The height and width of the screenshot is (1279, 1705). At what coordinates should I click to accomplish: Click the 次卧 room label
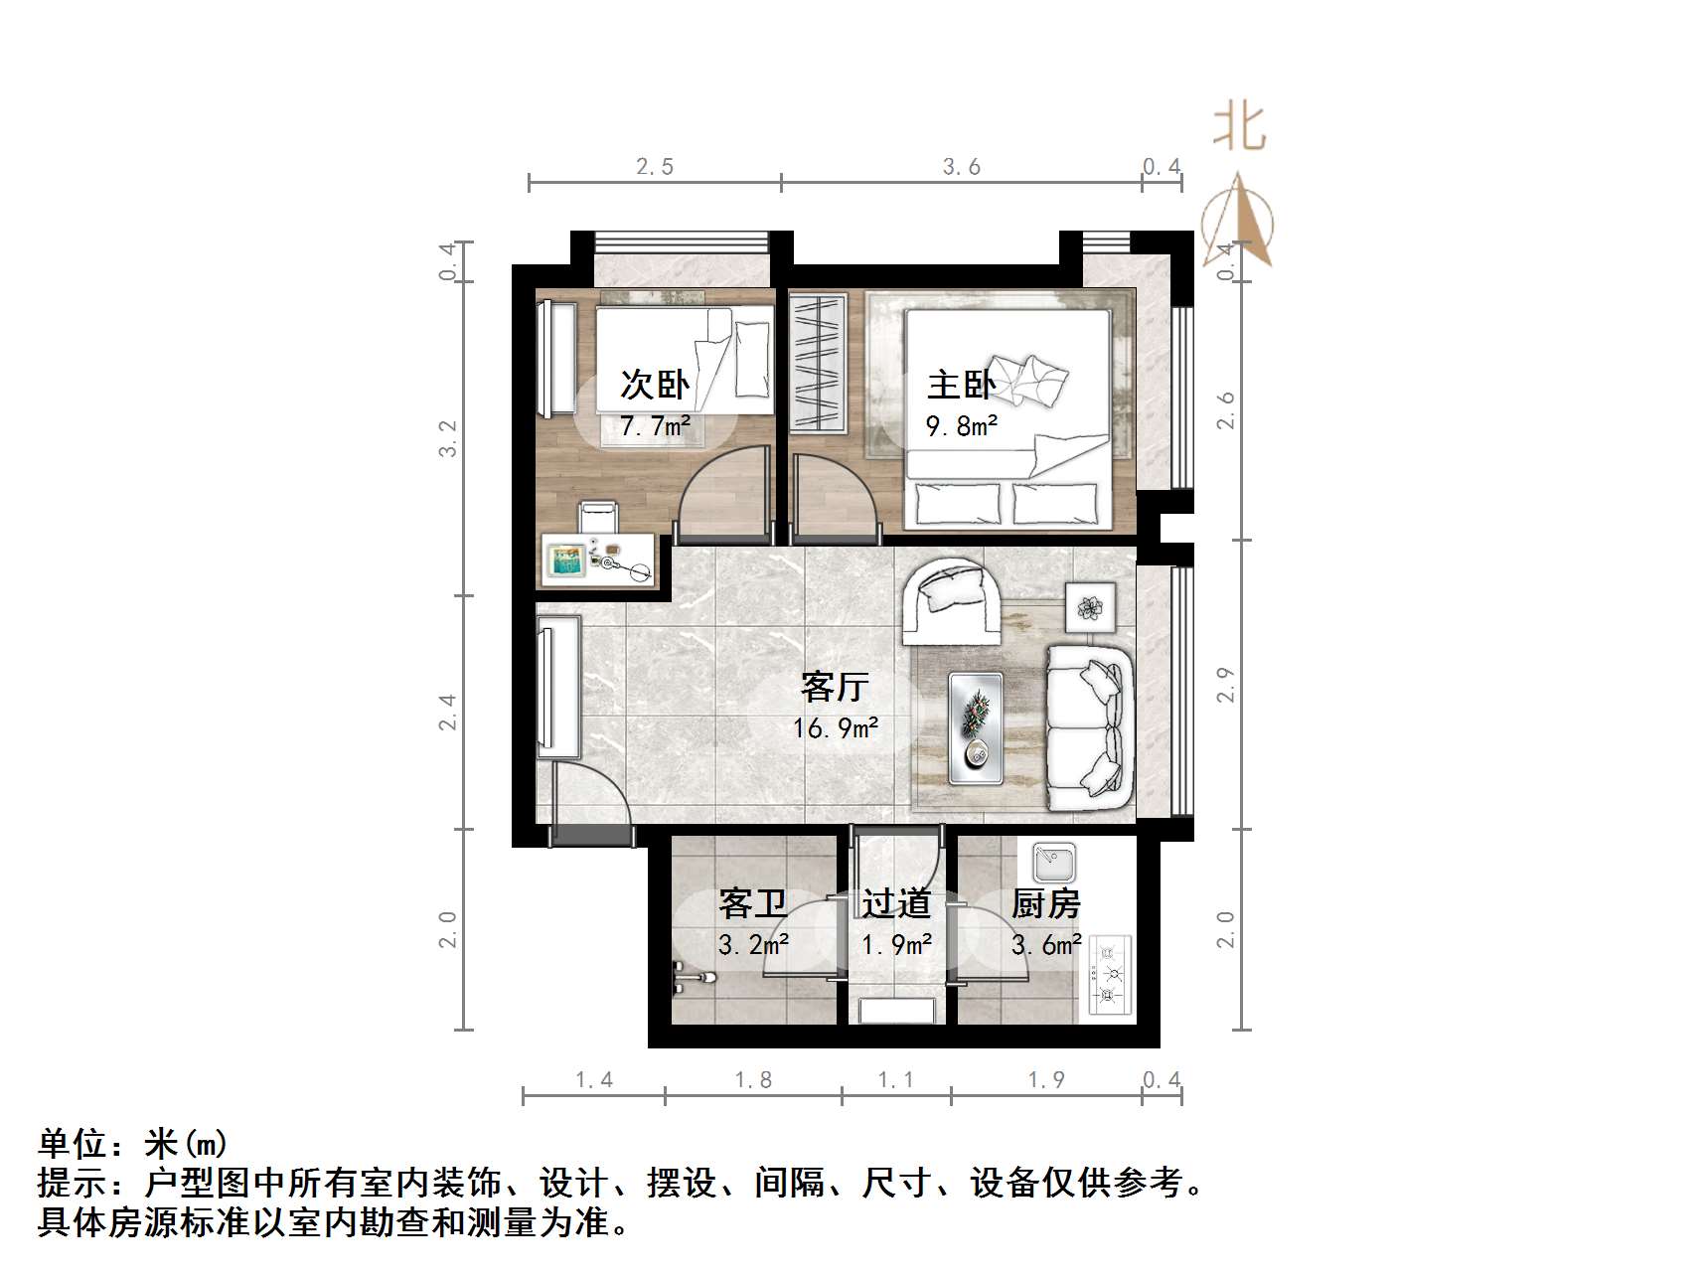[x=655, y=385]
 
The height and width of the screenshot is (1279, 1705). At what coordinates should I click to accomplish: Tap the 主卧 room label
[x=961, y=385]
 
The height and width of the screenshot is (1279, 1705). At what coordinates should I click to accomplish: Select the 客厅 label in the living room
[x=835, y=687]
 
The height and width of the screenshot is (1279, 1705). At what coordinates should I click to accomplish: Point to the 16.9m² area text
[x=835, y=728]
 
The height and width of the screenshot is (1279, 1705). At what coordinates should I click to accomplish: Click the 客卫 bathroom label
[x=752, y=903]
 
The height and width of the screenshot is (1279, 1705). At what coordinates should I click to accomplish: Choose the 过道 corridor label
[x=895, y=903]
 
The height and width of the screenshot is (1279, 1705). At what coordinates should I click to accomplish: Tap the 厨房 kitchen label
[x=1045, y=903]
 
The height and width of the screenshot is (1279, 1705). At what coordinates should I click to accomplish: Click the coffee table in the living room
[x=975, y=727]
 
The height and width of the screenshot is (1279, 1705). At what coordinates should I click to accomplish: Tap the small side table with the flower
[x=1090, y=606]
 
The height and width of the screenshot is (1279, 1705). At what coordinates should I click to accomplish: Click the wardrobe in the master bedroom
[x=818, y=363]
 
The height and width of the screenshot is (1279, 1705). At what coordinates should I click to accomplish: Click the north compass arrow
[x=1238, y=222]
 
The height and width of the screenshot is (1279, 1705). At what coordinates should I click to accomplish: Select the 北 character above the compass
[x=1238, y=127]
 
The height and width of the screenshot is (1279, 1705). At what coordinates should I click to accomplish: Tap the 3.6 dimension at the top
[x=961, y=167]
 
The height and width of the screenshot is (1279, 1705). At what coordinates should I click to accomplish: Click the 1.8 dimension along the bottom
[x=752, y=1080]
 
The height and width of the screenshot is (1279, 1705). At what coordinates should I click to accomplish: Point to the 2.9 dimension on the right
[x=1226, y=685]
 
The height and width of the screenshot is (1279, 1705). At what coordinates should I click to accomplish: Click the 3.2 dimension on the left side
[x=449, y=438]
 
